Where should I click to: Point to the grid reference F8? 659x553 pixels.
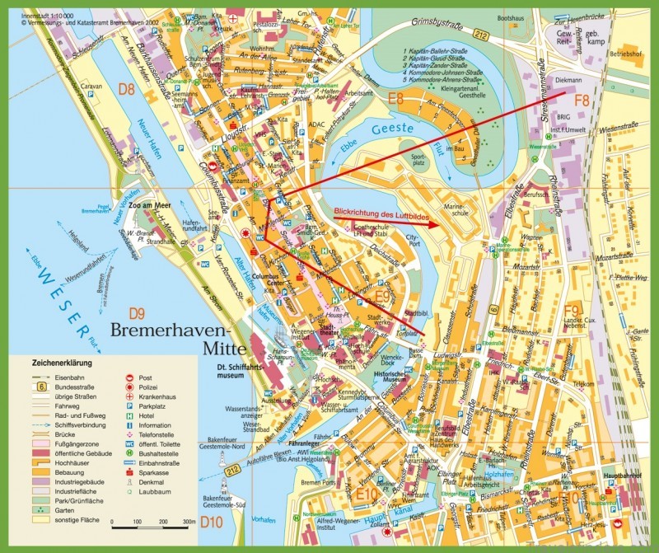pyautogui.click(x=582, y=101)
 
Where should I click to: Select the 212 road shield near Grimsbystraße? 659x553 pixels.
pyautogui.click(x=481, y=35)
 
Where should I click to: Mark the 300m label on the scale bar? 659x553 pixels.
pyautogui.click(x=189, y=523)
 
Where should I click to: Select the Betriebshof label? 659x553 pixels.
pyautogui.click(x=624, y=53)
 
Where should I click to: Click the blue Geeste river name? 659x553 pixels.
pyautogui.click(x=386, y=129)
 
